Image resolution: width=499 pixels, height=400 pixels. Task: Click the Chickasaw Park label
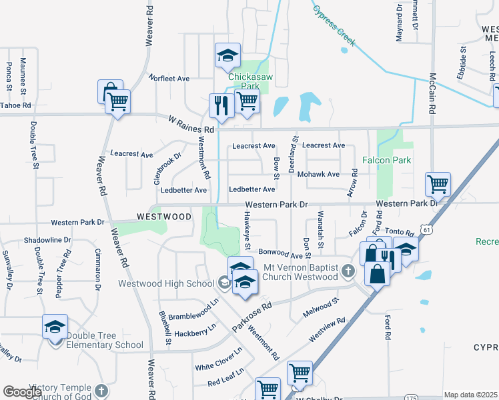click(247, 81)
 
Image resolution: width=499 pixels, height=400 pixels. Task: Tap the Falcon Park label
click(386, 160)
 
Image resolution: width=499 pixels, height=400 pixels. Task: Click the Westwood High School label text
click(166, 283)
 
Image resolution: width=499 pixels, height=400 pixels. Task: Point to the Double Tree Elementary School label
click(105, 345)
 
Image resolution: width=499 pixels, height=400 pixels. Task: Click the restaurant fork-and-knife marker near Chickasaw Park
click(220, 104)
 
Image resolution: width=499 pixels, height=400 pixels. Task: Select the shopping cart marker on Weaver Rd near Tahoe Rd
click(118, 102)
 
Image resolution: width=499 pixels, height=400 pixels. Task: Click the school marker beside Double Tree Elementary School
click(55, 326)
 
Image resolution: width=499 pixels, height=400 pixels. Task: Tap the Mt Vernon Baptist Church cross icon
click(348, 271)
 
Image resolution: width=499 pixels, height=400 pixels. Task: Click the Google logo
click(22, 392)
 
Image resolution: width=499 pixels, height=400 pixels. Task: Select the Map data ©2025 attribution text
click(470, 395)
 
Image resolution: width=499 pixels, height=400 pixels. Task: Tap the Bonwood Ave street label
click(286, 253)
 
